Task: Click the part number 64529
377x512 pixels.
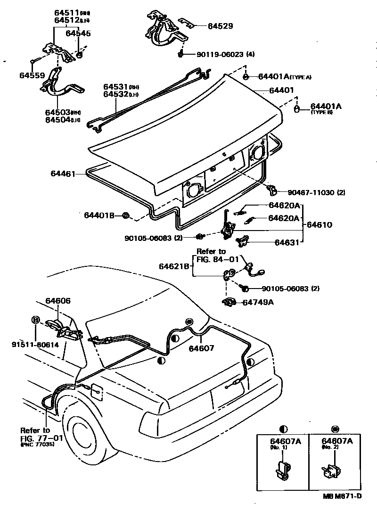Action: point(220,26)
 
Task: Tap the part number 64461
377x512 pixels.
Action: point(63,174)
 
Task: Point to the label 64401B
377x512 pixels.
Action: point(99,215)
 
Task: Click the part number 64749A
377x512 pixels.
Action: point(258,302)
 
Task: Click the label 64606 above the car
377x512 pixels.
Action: point(58,301)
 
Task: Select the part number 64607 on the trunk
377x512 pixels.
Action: point(201,348)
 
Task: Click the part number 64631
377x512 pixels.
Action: point(287,243)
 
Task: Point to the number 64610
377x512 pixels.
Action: point(320,225)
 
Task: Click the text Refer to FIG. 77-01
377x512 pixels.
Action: point(35,434)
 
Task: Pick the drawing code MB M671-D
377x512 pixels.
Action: point(342,496)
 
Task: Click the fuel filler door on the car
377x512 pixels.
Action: point(96,392)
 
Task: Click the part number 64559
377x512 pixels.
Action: point(32,75)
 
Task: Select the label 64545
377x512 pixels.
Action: point(78,33)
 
